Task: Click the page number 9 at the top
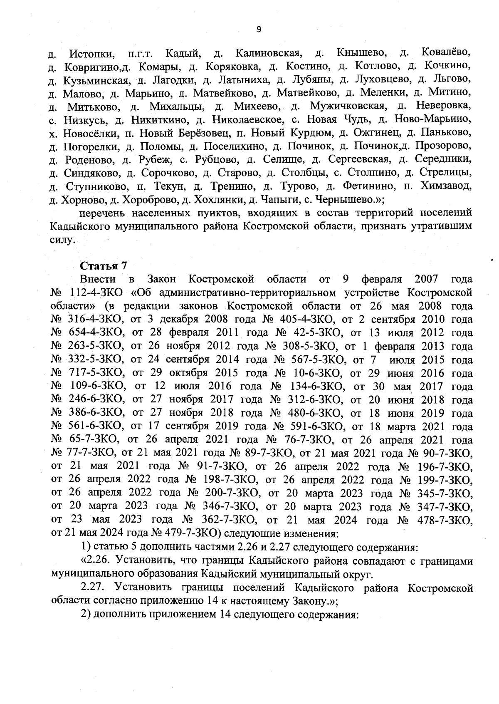(x=259, y=29)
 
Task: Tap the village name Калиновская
(x=268, y=53)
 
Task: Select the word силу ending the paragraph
(x=61, y=240)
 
